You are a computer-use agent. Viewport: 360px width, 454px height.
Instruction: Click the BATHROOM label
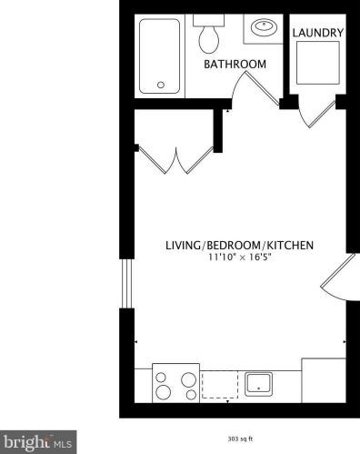click(x=235, y=65)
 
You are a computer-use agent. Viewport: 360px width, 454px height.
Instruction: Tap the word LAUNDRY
click(x=317, y=34)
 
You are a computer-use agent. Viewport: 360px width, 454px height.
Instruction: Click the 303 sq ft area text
click(x=240, y=436)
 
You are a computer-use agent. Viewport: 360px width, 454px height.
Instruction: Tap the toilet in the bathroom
click(x=209, y=36)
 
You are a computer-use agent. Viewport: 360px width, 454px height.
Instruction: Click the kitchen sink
click(x=261, y=383)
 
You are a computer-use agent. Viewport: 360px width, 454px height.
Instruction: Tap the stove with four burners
click(x=175, y=382)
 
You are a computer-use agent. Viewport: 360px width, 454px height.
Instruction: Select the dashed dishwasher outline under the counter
click(x=221, y=383)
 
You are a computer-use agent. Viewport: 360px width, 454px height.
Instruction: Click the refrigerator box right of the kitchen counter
click(x=323, y=381)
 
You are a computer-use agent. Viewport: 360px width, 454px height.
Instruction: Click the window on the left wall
click(x=126, y=283)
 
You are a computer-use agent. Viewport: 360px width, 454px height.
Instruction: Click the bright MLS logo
click(x=37, y=443)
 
